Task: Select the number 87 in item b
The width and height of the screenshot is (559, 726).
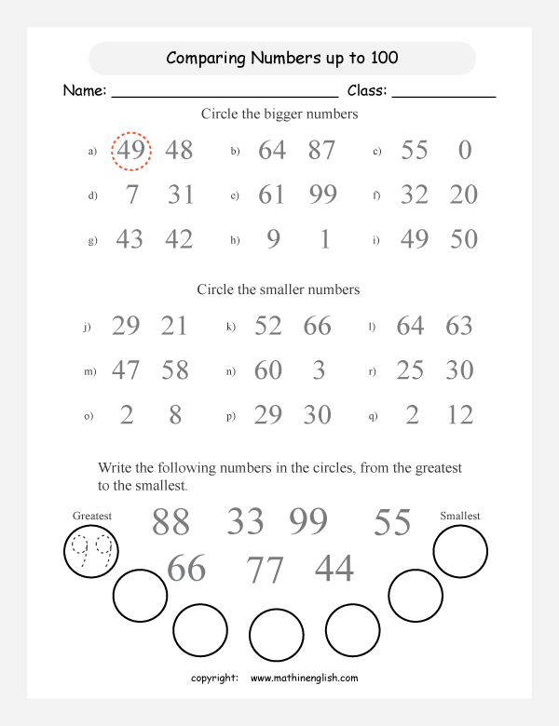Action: point(320,150)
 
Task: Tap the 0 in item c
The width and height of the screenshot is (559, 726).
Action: point(465,150)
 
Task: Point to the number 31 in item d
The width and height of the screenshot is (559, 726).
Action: point(181,195)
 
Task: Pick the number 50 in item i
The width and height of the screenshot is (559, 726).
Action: point(463,239)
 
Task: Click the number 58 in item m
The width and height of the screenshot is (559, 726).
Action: point(175,370)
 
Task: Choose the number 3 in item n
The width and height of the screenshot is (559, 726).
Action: point(319,370)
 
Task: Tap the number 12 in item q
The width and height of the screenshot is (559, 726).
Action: point(460,415)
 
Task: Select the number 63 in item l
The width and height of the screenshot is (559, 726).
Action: point(459,326)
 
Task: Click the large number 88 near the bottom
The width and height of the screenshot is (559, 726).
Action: point(170,522)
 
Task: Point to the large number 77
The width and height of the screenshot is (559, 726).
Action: point(265,569)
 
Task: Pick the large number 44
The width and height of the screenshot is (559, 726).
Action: point(334,567)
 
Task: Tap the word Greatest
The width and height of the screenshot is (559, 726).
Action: point(91,515)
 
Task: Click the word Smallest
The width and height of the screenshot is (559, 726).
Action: point(460,515)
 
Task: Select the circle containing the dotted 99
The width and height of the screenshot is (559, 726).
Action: point(90,553)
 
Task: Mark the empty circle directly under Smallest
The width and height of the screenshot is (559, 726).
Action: point(460,552)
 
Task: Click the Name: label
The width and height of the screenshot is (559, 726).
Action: point(85,91)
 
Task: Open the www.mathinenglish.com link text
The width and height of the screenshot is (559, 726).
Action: point(304,679)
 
